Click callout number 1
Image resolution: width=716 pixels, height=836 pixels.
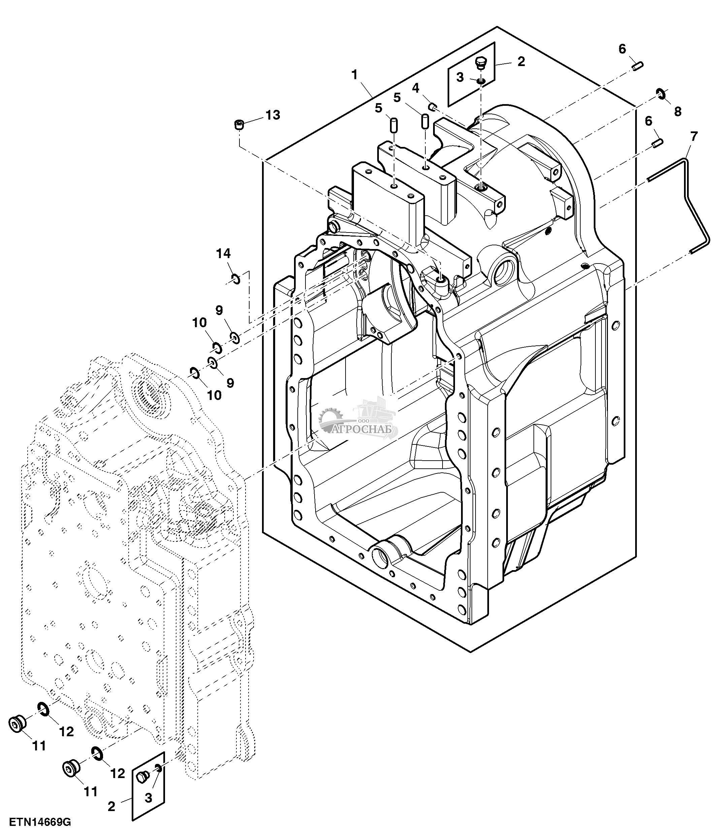coord(354,75)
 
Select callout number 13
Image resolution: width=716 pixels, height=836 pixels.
coord(272,115)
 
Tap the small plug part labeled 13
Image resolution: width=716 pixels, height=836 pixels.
coord(239,124)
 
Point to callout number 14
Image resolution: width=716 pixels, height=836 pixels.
coord(223,253)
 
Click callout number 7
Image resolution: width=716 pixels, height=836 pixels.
coord(693,136)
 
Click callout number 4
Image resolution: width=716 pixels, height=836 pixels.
coord(415,87)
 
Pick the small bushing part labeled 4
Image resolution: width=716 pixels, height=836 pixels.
coord(432,106)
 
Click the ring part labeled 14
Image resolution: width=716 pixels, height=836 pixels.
coord(236,278)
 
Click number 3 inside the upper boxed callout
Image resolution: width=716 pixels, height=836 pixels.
coord(460,78)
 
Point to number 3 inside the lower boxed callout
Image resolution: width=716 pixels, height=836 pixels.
coord(149,798)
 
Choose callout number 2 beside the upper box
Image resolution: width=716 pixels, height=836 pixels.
coord(521,62)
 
